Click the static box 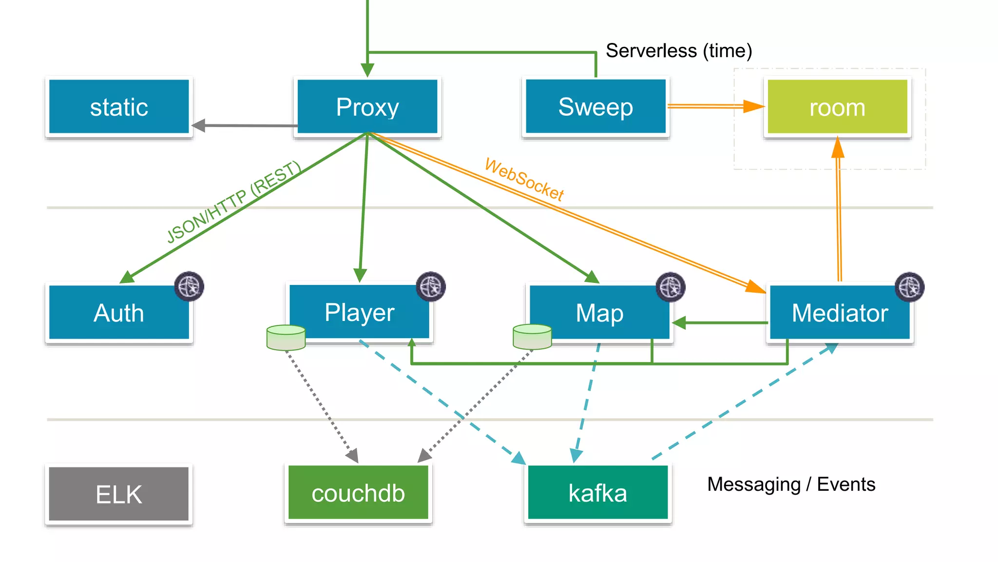tap(119, 107)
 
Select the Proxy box tap(367, 107)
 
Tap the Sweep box tap(595, 107)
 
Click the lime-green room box tap(837, 107)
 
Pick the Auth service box tap(119, 313)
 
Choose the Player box tap(359, 312)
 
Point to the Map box tap(599, 313)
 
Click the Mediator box tap(840, 313)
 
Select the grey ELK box tap(119, 494)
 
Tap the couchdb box tap(358, 493)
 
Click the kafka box tap(597, 493)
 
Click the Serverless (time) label tap(679, 51)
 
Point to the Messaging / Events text tap(791, 484)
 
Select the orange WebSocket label tap(524, 180)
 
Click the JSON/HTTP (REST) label tap(233, 202)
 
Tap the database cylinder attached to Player tap(286, 338)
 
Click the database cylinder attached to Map tap(532, 337)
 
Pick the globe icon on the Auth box tap(189, 286)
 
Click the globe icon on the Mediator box tap(909, 287)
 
